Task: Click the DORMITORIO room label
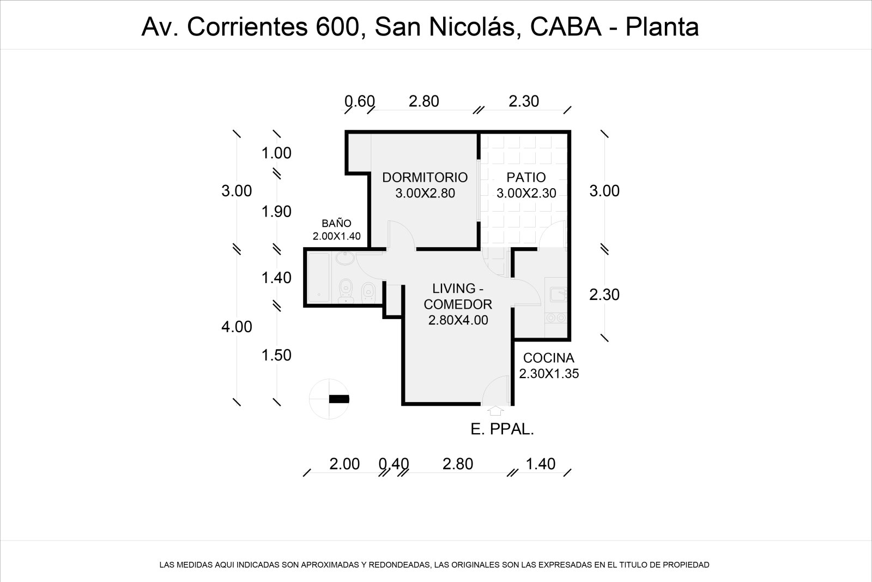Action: pos(425,177)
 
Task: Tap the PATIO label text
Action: pos(526,177)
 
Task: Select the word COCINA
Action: pos(548,358)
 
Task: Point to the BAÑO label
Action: pos(336,223)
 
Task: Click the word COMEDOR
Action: pos(458,304)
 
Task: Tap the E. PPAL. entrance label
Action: pos(502,429)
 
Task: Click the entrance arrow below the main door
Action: pos(496,410)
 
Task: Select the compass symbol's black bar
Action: pos(338,399)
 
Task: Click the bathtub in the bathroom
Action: pos(318,277)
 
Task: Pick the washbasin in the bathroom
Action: pos(344,257)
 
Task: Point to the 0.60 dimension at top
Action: pos(360,101)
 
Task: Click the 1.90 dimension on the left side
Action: pos(276,212)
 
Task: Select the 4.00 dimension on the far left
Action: pos(237,327)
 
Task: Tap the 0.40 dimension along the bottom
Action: pos(393,464)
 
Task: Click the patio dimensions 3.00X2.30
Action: pos(526,193)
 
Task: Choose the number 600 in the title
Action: pos(340,27)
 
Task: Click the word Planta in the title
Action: pos(662,27)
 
